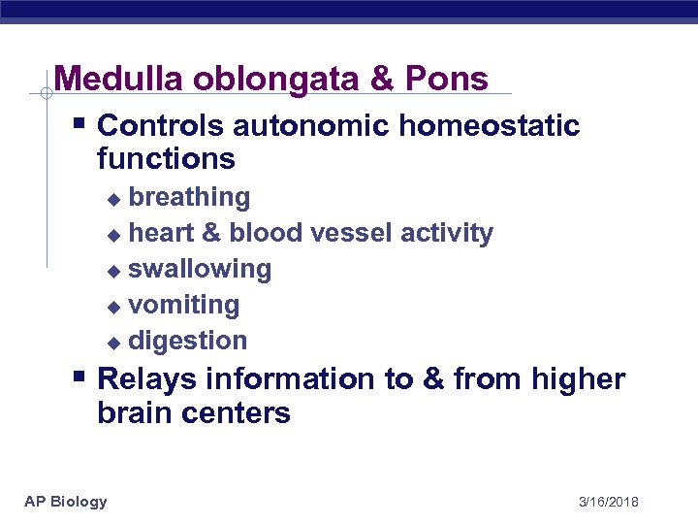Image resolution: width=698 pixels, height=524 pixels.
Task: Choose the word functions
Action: click(x=166, y=159)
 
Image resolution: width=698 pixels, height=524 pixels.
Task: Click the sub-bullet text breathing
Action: click(x=189, y=198)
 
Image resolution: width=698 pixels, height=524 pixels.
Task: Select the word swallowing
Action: click(x=200, y=270)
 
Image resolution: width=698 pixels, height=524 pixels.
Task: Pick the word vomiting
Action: click(x=183, y=306)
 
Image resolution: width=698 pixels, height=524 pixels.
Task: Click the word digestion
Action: click(x=187, y=342)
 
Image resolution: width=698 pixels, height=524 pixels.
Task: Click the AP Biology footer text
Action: click(x=66, y=502)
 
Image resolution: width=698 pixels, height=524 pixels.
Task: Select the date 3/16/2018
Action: click(x=608, y=502)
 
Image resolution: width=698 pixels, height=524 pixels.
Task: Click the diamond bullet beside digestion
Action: click(x=112, y=343)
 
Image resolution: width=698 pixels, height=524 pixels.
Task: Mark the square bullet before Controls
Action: click(x=81, y=124)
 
